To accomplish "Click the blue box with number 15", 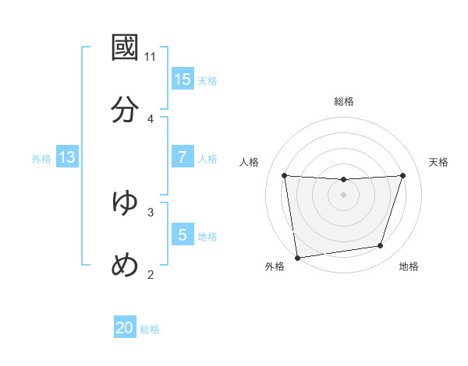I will (183, 79).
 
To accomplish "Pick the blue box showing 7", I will (183, 157).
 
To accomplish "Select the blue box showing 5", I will (183, 235).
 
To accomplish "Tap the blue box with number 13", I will (67, 157).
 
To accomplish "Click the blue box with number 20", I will (125, 329).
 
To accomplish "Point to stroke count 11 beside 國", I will (151, 57).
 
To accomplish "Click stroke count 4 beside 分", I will (151, 118).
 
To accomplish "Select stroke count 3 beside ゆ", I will (151, 212).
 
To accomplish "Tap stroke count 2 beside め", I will (151, 274).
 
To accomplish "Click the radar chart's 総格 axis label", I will (344, 101).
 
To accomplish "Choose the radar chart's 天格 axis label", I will (438, 162).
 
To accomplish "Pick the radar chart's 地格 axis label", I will (409, 266).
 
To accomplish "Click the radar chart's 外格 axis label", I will (275, 266).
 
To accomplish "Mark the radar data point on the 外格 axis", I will (297, 257).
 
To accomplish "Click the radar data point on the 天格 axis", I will (402, 175).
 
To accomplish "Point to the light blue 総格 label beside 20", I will (150, 329).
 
